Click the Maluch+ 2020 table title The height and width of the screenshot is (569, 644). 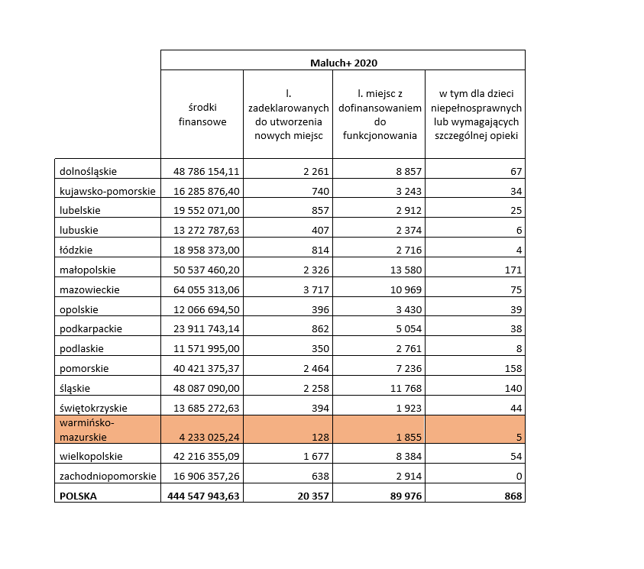click(343, 61)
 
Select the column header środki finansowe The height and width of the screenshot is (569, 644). click(202, 115)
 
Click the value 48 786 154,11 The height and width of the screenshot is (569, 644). click(202, 171)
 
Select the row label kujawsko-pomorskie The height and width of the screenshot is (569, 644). click(108, 190)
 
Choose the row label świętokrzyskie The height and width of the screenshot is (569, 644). click(93, 407)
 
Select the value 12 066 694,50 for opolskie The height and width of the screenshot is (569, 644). click(202, 309)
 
